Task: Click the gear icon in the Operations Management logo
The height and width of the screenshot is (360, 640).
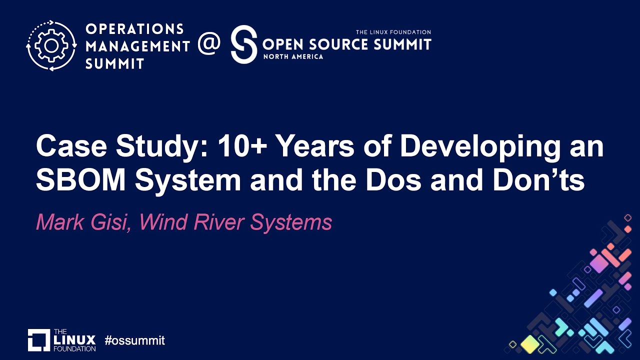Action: (51, 45)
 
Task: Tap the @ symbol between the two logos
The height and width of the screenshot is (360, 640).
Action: (209, 44)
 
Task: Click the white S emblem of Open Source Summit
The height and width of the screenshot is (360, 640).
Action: (243, 44)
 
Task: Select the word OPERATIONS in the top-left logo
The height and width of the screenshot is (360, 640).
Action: (134, 29)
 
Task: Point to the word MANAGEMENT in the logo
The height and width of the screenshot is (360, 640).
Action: (137, 46)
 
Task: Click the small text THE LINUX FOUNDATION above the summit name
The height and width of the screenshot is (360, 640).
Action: (393, 32)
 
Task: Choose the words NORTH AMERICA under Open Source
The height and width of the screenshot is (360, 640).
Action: (293, 56)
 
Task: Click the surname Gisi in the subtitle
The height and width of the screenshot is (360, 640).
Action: (113, 222)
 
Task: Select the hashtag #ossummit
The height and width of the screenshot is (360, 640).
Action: (134, 341)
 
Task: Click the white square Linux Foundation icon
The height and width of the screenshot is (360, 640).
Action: (39, 340)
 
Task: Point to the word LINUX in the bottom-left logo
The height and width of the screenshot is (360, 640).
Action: (74, 340)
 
